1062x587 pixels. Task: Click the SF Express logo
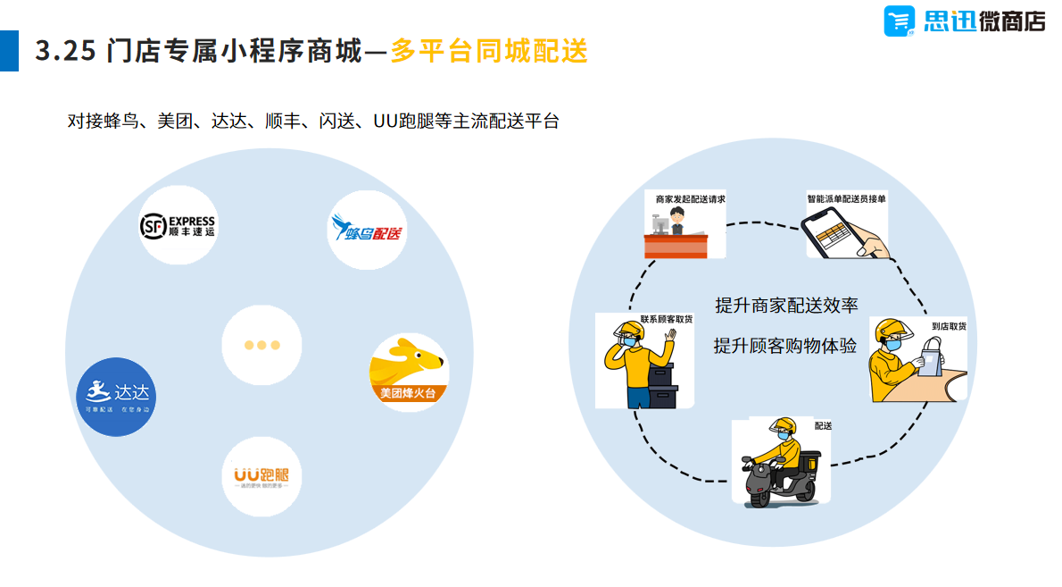click(178, 226)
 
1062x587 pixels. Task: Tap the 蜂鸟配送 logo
click(367, 229)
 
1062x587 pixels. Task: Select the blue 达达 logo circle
click(117, 397)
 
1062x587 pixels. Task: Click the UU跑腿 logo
click(261, 476)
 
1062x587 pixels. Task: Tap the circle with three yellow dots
click(262, 345)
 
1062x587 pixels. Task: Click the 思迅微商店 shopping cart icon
click(900, 21)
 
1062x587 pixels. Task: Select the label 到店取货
click(948, 326)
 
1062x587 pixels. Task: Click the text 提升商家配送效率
click(786, 306)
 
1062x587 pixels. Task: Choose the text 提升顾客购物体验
click(785, 346)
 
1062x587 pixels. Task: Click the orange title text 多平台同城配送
click(489, 51)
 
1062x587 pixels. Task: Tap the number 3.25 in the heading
click(65, 52)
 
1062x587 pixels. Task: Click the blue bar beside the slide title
click(9, 51)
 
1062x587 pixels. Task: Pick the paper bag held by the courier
click(930, 358)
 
